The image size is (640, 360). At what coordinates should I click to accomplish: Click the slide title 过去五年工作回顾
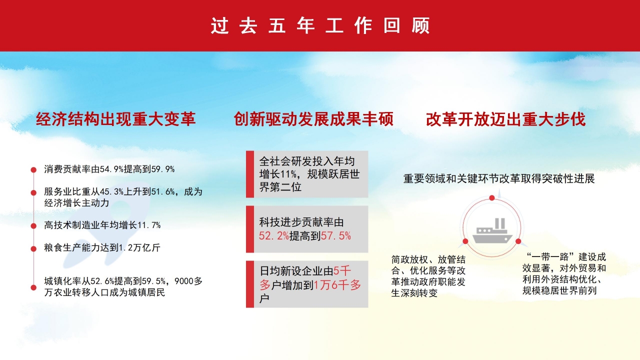[320, 26]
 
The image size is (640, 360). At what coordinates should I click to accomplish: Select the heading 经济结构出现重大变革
[115, 119]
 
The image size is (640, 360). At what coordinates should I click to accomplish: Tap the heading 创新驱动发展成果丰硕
[313, 119]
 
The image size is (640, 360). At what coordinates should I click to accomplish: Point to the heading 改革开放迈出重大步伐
[505, 119]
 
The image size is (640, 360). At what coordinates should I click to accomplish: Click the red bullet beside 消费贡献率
[33, 169]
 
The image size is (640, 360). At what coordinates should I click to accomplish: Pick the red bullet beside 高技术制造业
[33, 226]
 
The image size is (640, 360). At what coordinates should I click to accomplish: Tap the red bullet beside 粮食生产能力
[33, 248]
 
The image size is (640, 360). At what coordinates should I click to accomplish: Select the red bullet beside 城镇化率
[33, 287]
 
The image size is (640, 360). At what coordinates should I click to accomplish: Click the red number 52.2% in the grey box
[273, 236]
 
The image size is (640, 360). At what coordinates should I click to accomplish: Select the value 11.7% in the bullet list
[148, 225]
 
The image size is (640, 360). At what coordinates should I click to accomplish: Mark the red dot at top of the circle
[491, 198]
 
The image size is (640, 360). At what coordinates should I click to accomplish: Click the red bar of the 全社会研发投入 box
[249, 174]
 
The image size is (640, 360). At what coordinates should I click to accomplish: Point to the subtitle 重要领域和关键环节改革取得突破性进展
[499, 179]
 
